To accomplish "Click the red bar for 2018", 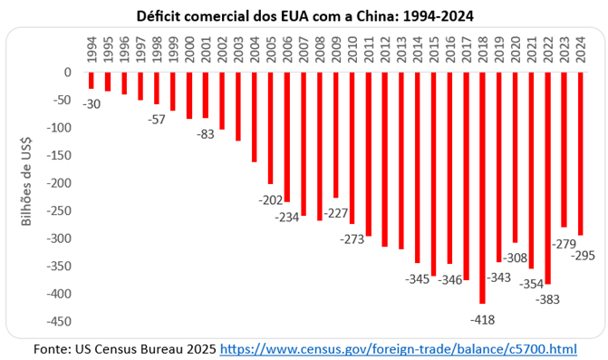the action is (482, 188).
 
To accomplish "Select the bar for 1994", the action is (92, 81).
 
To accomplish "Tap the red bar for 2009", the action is (336, 135).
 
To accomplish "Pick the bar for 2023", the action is (564, 150).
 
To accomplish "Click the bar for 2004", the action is (255, 117).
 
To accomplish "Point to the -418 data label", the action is (482, 320).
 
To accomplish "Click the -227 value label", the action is (336, 213).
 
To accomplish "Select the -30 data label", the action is (92, 104).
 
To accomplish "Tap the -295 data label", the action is (583, 256).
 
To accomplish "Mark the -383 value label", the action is (547, 299).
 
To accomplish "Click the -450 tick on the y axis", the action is (59, 322).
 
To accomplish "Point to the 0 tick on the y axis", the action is (68, 73).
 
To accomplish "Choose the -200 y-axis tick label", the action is (59, 183).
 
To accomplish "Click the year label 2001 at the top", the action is (206, 50).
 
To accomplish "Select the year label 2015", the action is (433, 50).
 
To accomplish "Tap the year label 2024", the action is (581, 50).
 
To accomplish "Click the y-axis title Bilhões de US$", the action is (26, 181).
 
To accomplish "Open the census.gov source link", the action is (398, 349).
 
